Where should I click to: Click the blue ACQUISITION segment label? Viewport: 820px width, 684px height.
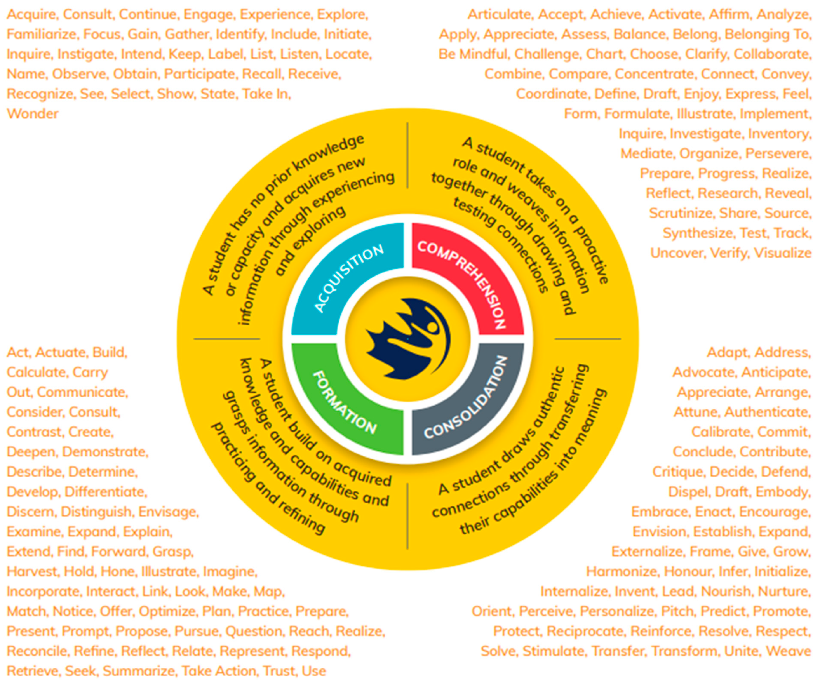[x=349, y=278]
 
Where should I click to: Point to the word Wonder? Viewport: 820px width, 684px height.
[x=32, y=114]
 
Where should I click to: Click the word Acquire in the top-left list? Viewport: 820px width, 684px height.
[x=31, y=14]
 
